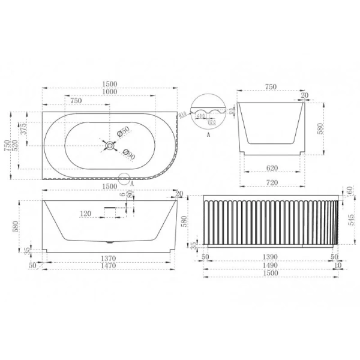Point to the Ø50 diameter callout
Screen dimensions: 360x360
(x=123, y=131)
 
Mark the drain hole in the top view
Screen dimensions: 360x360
(x=110, y=143)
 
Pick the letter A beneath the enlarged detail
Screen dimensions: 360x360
(x=208, y=136)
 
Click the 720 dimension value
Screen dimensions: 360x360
(x=271, y=181)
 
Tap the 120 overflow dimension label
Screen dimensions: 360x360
(x=85, y=213)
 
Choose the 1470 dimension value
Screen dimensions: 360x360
(x=110, y=265)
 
